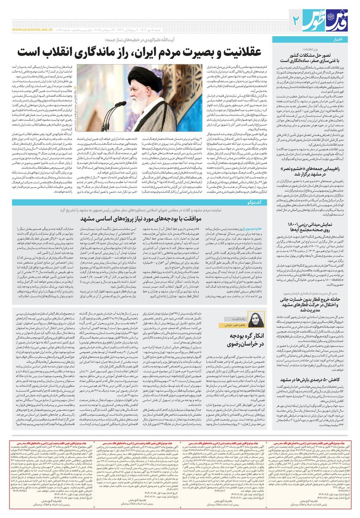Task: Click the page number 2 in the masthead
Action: [x=296, y=19]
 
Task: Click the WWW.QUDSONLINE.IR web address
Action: [x=32, y=30]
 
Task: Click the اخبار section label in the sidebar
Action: [x=345, y=40]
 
